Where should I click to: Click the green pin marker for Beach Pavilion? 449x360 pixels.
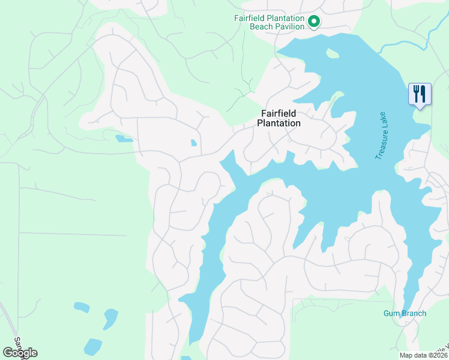click(313, 22)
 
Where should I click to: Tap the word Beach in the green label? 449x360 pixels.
click(268, 28)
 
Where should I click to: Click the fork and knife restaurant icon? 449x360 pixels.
click(419, 94)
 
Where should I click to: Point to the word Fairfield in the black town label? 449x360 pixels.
click(279, 113)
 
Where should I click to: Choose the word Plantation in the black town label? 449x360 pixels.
click(279, 123)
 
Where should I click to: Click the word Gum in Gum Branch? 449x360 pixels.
click(391, 313)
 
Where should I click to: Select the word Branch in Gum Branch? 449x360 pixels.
click(414, 313)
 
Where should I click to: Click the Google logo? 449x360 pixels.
click(20, 353)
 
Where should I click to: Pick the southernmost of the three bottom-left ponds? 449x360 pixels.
click(93, 346)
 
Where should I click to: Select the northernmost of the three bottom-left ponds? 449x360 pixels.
click(81, 307)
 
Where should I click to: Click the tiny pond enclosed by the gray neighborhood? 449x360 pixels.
click(193, 143)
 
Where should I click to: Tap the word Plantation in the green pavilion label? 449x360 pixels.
click(287, 18)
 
